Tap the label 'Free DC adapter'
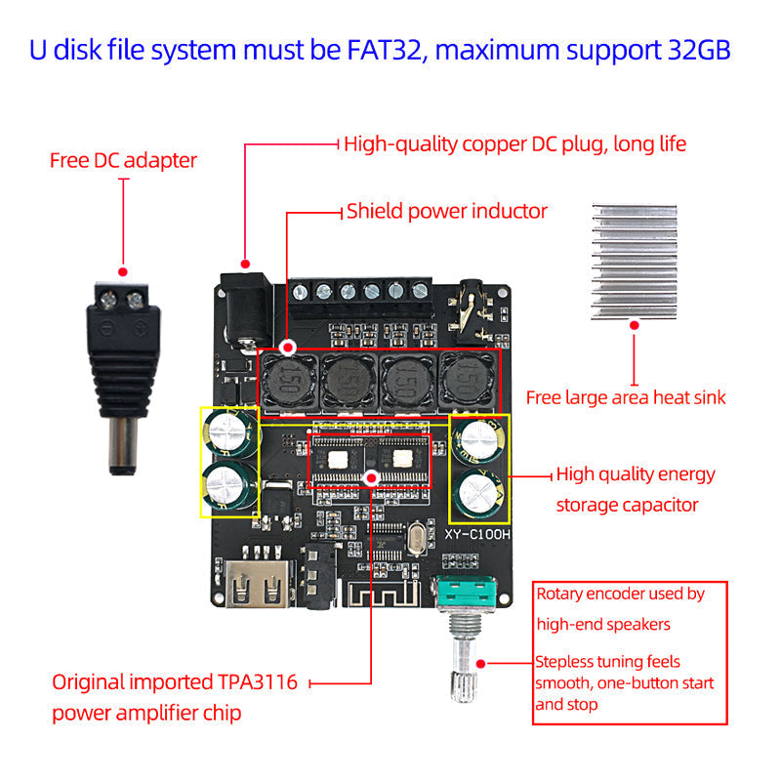coord(123,160)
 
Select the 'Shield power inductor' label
coord(446,211)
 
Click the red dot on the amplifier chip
coord(370,476)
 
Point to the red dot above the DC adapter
coord(123,271)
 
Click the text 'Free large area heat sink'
coord(626,397)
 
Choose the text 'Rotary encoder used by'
coord(620,594)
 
